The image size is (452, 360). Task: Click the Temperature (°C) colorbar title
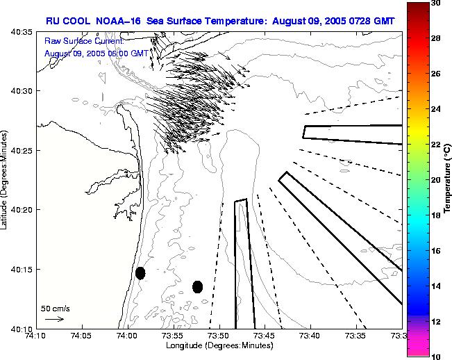pyautogui.click(x=448, y=180)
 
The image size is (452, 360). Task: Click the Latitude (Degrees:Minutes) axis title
pyautogui.click(x=6, y=180)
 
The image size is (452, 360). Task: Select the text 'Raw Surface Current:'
pyautogui.click(x=83, y=42)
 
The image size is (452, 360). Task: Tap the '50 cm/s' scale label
pyautogui.click(x=56, y=308)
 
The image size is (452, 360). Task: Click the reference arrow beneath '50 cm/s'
pyautogui.click(x=54, y=319)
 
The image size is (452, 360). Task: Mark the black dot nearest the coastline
pyautogui.click(x=140, y=273)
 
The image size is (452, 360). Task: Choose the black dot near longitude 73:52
pyautogui.click(x=198, y=286)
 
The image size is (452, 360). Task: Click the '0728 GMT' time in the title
pyautogui.click(x=373, y=21)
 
